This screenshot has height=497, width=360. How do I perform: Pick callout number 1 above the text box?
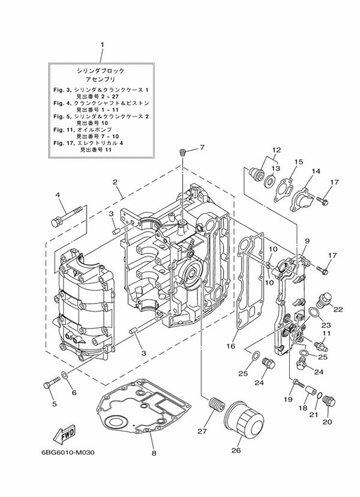point(101,45)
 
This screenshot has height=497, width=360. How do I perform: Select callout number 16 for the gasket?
point(230,346)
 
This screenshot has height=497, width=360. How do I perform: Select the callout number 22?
point(338,309)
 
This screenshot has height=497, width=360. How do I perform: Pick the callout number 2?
point(114,182)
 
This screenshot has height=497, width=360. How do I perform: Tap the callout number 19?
point(287,399)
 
